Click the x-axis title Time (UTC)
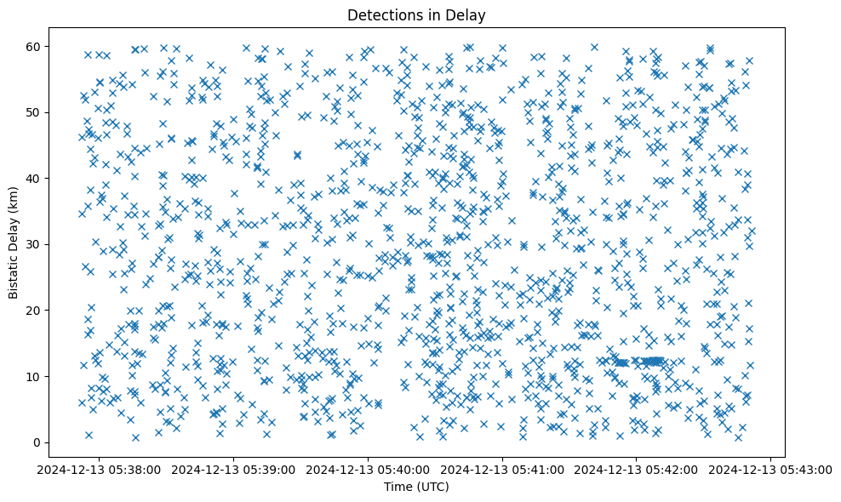416,487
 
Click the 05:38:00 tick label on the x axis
100,469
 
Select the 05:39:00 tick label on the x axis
234,469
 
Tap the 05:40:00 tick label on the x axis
369,469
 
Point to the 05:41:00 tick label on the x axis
503,469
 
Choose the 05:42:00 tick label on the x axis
637,469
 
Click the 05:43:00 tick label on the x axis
771,469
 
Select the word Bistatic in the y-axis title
14,274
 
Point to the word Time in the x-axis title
398,487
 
